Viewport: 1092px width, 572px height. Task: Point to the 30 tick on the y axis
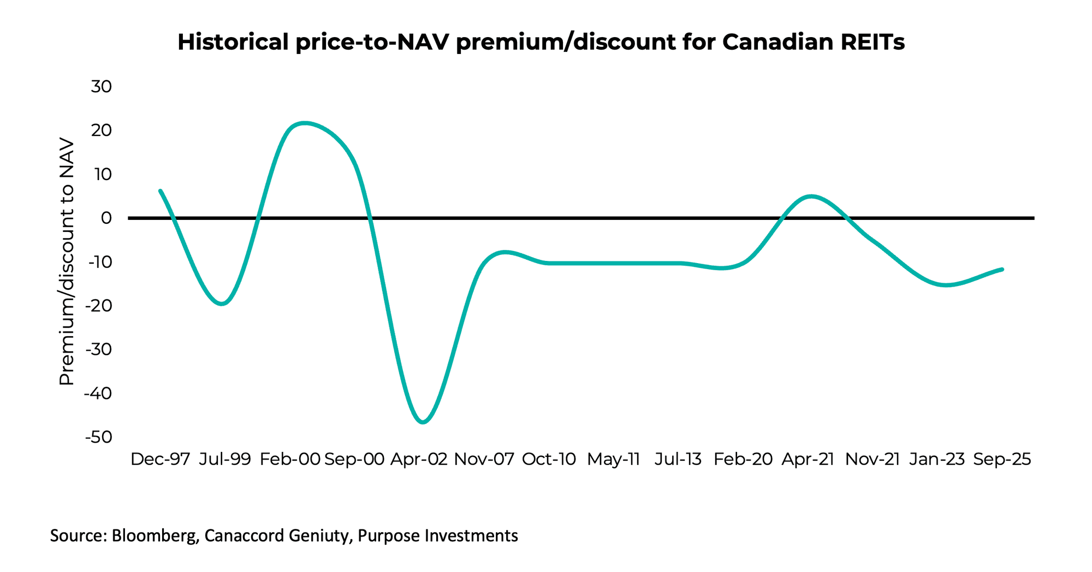(102, 86)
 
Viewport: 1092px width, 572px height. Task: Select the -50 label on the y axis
(99, 437)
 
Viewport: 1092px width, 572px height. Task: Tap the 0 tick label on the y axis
(106, 218)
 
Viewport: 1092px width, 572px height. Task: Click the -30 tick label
(99, 349)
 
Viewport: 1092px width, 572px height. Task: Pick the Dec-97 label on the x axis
(160, 459)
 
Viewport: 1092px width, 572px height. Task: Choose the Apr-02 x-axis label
(419, 459)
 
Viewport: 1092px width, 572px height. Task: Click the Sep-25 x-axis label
(1002, 459)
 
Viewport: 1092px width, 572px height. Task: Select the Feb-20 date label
(743, 459)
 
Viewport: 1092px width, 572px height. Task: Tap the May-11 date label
(613, 459)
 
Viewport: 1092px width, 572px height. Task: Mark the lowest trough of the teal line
(424, 422)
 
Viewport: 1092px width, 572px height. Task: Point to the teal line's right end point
(1002, 269)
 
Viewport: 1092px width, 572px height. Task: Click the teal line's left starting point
(160, 191)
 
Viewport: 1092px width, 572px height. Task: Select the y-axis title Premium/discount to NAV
(67, 262)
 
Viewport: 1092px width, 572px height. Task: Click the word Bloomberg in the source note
(155, 535)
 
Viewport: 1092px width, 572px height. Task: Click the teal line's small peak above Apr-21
(811, 196)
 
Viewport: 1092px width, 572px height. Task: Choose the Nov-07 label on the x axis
(484, 459)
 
